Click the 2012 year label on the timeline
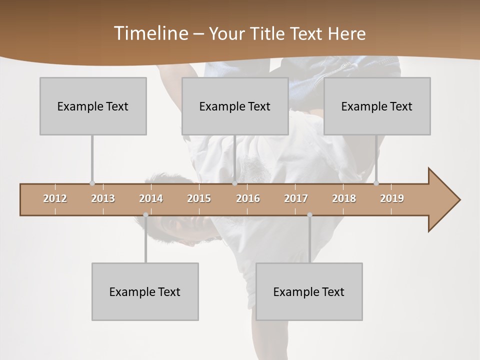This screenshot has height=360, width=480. point(55,198)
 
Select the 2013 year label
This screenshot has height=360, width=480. point(103,198)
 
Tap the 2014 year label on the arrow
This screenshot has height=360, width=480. point(151,198)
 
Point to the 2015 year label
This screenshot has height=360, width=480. point(199,198)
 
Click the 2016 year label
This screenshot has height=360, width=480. point(248,198)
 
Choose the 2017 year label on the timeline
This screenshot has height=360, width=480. point(296,198)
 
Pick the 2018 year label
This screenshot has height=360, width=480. point(344,198)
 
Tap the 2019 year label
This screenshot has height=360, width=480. point(392,198)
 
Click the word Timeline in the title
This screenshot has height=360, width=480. point(150,33)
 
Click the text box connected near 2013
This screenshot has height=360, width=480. point(93,106)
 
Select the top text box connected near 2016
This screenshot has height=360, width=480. point(235,106)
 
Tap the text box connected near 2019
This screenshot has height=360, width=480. point(377,106)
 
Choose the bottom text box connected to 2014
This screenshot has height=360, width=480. point(145,291)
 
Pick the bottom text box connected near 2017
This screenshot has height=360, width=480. point(309,291)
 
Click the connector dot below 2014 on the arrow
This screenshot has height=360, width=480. point(145,215)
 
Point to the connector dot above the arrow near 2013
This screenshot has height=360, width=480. point(92,183)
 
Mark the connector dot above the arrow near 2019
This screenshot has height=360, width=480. point(376,183)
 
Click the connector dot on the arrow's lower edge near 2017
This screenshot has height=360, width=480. point(309,215)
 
